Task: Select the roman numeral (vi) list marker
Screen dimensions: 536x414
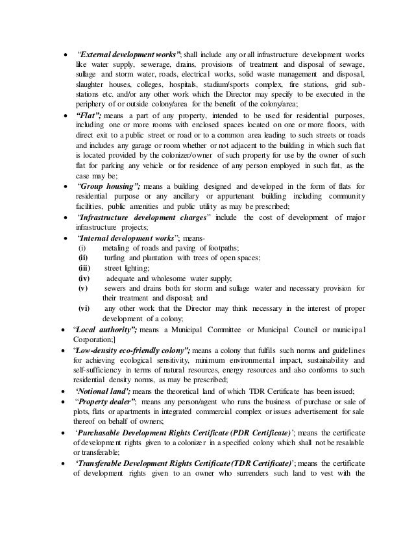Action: click(84, 308)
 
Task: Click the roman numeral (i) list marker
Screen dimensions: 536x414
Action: click(82, 248)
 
